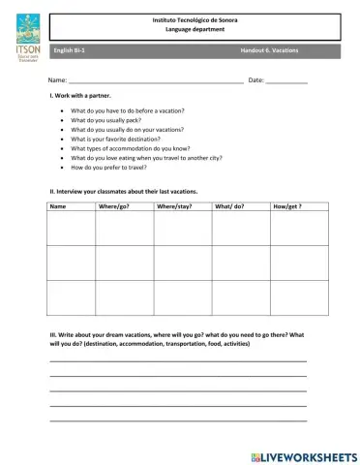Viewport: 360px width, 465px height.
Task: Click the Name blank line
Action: pyautogui.click(x=155, y=81)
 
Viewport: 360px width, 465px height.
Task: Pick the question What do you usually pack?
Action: pyautogui.click(x=112, y=120)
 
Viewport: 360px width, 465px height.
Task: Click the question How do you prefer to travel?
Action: pyautogui.click(x=115, y=168)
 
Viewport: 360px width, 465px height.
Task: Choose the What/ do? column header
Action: pyautogui.click(x=229, y=206)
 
